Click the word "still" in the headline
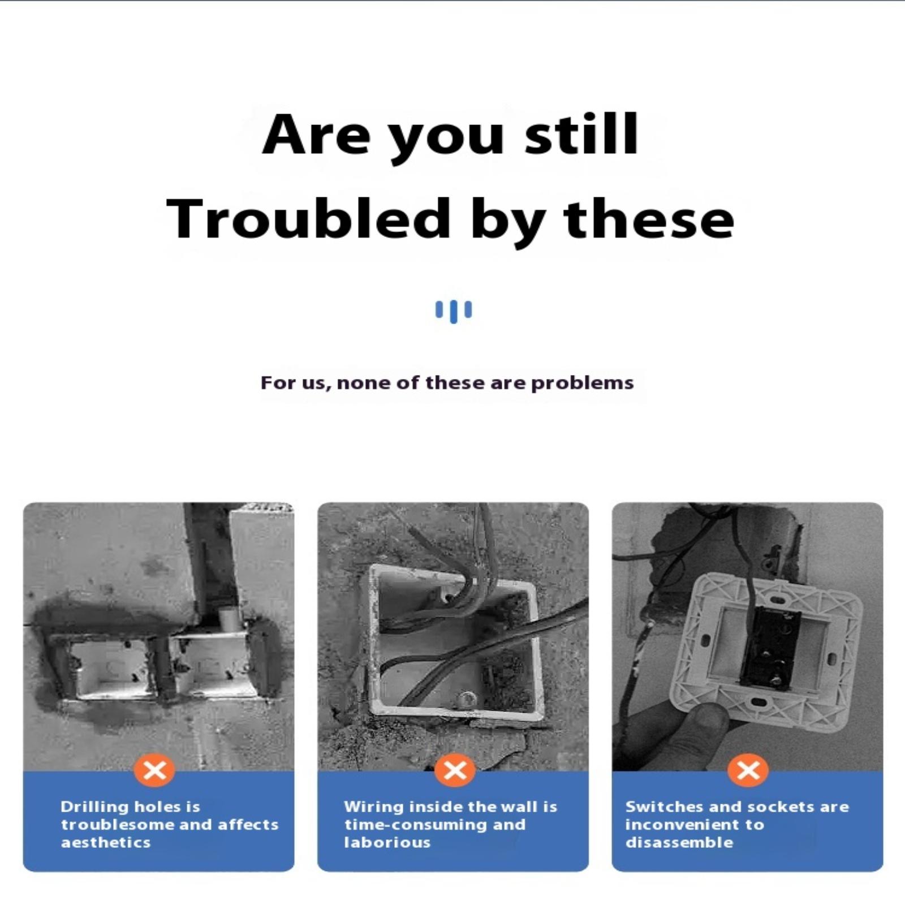click(582, 134)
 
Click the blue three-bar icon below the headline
click(453, 312)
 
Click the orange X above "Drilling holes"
click(154, 770)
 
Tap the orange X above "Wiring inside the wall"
click(455, 770)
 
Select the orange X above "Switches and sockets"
click(748, 770)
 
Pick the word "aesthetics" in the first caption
click(106, 843)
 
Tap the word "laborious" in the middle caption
click(387, 843)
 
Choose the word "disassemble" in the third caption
click(679, 843)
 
